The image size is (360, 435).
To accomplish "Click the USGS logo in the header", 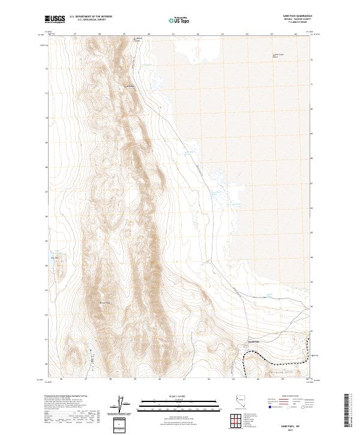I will coord(55,19).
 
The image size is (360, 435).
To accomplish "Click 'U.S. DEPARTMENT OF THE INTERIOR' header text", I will coord(91,17).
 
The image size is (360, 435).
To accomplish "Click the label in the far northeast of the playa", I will coord(277,55).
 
